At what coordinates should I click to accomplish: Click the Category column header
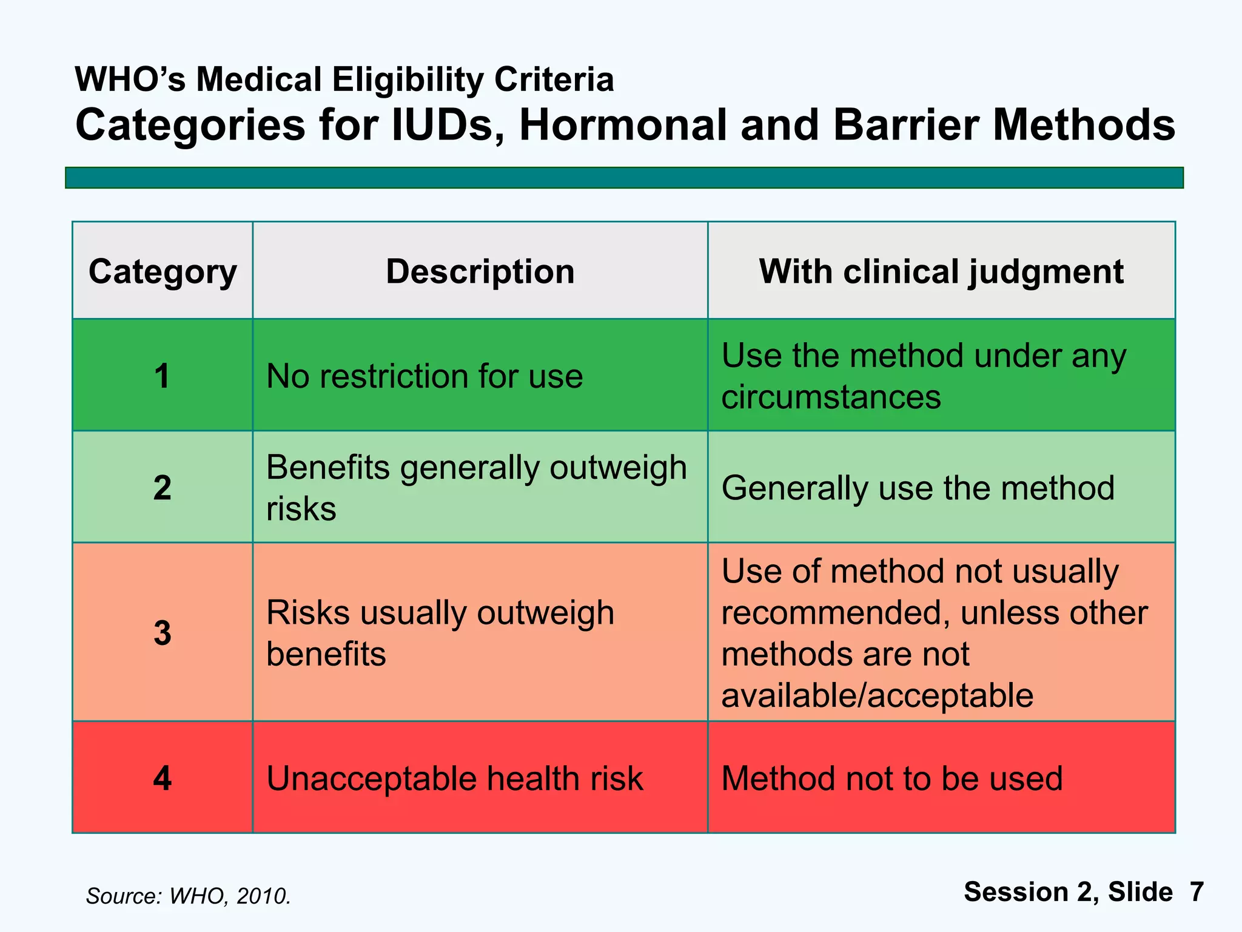[163, 271]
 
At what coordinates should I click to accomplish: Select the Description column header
[480, 271]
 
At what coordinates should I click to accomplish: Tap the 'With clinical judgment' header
[941, 271]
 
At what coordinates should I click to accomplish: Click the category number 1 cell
[162, 376]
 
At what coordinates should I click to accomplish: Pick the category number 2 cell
[162, 487]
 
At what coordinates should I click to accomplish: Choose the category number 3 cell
[162, 632]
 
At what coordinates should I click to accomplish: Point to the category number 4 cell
[162, 777]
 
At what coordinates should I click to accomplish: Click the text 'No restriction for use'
[425, 376]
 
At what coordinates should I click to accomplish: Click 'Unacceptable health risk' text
[454, 778]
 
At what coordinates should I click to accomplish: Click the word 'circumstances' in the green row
[831, 397]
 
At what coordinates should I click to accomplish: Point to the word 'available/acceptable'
[877, 695]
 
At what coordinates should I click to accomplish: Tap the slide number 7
[1196, 892]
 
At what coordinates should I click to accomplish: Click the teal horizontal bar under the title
[624, 178]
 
